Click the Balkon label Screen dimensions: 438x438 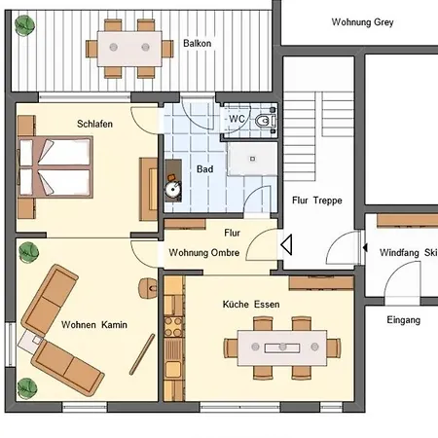(198, 43)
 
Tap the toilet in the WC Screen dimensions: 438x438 (265, 121)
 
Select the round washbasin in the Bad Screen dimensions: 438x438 (172, 190)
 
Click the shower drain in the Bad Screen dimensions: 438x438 (252, 159)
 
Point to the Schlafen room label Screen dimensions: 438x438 (94, 124)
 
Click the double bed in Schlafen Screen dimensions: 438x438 (55, 167)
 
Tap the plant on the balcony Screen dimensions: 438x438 (24, 25)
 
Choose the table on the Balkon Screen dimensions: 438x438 (129, 49)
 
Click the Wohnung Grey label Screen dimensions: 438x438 (362, 22)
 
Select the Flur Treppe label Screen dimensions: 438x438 (317, 201)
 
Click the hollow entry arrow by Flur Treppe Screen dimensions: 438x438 (286, 244)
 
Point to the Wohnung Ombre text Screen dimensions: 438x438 (204, 252)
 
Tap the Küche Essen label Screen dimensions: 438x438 (251, 305)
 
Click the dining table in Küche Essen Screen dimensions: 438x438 (282, 347)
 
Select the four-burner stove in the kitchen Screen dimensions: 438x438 (173, 327)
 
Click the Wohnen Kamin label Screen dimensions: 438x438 (94, 324)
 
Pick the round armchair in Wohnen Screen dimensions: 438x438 (148, 288)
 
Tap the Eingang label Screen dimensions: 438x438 (404, 320)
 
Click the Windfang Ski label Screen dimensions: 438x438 (408, 252)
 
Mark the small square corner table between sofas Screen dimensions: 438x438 (31, 342)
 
